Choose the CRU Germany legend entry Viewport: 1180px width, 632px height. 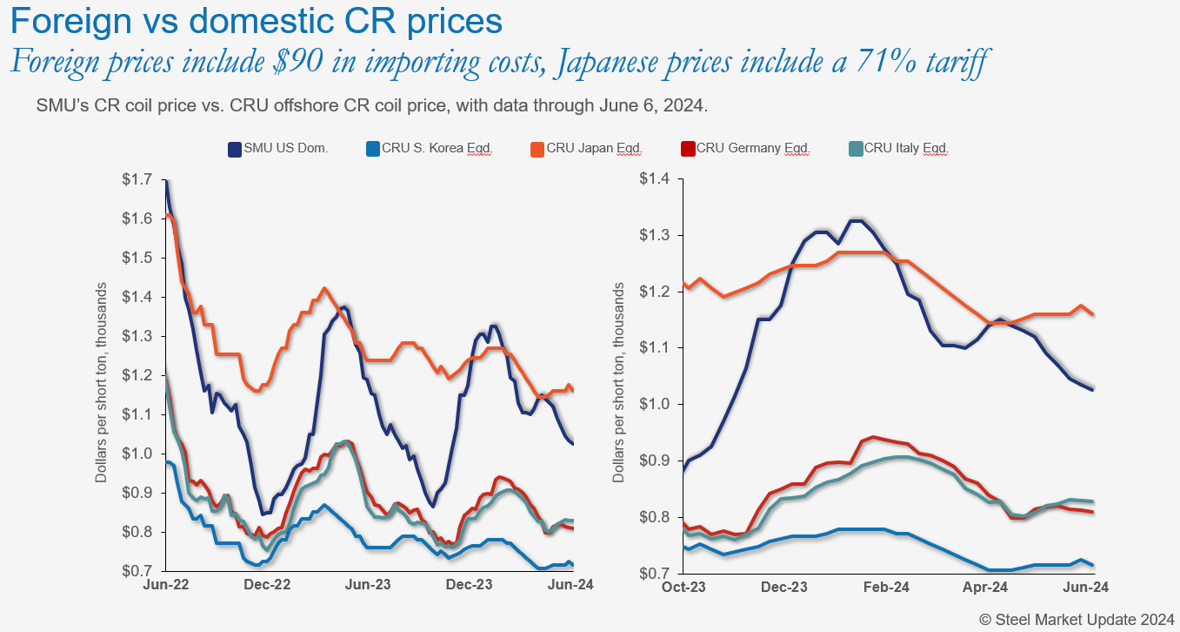coord(753,149)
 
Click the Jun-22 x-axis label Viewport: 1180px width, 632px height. coord(165,586)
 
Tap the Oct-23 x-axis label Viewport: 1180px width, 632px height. coord(684,588)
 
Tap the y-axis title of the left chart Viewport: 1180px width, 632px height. coord(101,384)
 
